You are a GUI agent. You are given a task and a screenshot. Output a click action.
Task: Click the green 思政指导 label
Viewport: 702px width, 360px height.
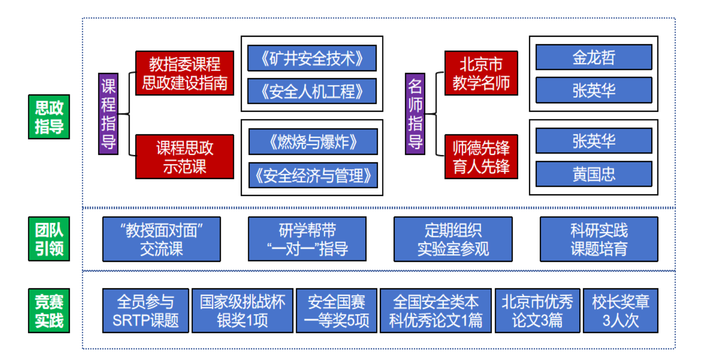tap(49, 117)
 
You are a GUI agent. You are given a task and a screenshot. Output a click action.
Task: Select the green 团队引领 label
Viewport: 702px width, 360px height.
tap(49, 239)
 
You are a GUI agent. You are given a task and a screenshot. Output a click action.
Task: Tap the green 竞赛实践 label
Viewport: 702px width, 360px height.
tap(49, 311)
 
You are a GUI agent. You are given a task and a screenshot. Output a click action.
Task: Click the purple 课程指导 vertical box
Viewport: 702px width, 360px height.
tap(108, 113)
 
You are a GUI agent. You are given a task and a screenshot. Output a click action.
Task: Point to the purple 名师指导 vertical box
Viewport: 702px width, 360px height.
tap(415, 113)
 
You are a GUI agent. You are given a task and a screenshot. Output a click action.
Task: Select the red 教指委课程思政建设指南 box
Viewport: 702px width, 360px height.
tap(185, 73)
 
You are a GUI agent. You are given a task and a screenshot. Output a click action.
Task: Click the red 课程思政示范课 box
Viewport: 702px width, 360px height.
tap(185, 157)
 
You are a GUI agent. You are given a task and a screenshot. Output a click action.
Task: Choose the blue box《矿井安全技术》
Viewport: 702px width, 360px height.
tap(311, 58)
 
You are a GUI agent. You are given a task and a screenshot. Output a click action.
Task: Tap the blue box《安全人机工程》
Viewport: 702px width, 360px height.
tap(311, 91)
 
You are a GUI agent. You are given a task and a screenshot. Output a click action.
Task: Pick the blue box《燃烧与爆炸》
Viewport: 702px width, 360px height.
tap(313, 142)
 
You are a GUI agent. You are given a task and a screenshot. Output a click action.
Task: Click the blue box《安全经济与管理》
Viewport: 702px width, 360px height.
tap(313, 175)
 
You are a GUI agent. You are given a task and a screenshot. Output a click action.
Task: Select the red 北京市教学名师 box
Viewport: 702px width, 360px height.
tap(481, 73)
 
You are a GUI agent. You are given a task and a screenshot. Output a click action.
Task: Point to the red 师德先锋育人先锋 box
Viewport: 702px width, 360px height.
tap(481, 157)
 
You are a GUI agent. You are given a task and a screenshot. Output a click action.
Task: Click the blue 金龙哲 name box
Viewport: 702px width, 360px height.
tap(594, 57)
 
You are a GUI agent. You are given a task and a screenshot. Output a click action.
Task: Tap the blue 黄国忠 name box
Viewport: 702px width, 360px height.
tap(594, 174)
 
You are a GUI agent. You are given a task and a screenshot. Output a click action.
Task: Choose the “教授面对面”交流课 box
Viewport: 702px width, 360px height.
tap(161, 239)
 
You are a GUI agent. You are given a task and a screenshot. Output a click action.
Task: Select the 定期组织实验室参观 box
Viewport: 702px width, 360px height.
tap(453, 239)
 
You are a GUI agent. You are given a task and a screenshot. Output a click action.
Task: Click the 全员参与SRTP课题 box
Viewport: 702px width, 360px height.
tap(146, 311)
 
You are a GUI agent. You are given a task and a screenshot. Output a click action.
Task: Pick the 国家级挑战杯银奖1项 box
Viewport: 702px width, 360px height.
tap(242, 311)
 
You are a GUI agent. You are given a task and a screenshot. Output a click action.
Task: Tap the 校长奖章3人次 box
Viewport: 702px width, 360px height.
tap(620, 311)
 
